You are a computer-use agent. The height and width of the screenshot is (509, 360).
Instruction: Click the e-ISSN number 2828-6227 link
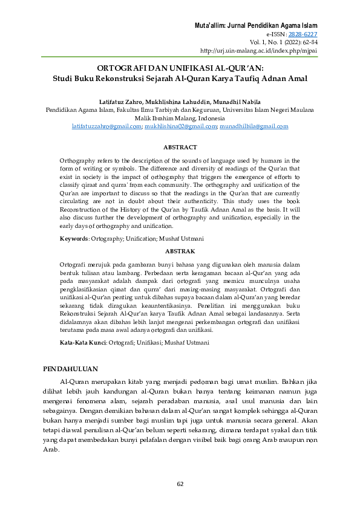pos(305,34)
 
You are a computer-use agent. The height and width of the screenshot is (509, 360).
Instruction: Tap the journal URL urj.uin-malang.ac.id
pos(258,51)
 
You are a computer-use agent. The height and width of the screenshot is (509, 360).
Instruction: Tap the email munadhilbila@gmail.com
pos(254,126)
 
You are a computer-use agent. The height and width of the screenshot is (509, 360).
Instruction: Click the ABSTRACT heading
pos(180,147)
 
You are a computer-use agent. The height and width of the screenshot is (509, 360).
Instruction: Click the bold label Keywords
pos(74,239)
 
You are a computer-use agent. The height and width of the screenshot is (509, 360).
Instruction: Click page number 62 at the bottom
pos(180,484)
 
